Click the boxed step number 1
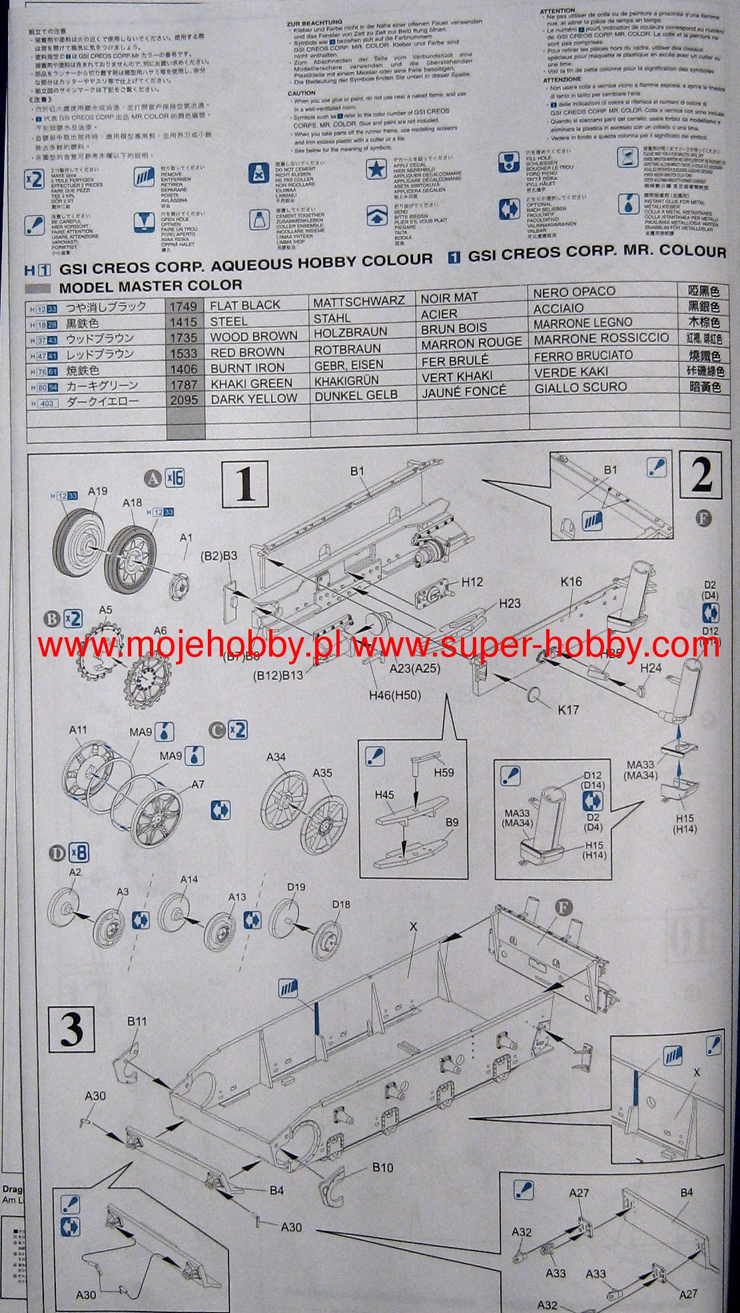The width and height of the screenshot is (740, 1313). coord(245,483)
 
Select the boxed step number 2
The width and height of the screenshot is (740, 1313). coord(701,474)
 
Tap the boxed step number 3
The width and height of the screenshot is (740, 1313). coord(71,1029)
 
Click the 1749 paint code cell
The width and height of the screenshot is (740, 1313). coord(183,306)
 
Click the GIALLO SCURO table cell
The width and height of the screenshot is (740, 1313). coord(581,388)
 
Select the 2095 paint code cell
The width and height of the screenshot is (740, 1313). coord(184,399)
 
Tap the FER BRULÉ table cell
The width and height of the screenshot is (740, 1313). coord(456,361)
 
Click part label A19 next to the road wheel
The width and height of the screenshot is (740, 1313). coord(97,491)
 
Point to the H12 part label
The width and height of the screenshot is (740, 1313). coord(472,582)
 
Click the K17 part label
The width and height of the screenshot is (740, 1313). coord(568,710)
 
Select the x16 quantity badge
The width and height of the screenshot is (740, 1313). coord(175,478)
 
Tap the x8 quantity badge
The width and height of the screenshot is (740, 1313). coord(79,852)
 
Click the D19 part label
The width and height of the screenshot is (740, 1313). coord(296,887)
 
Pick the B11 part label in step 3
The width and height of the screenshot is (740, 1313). coord(137,1021)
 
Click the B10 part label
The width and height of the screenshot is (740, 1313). coord(382,1168)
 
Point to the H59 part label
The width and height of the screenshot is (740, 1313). coord(444,772)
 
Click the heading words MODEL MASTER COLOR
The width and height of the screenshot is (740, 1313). coord(151,286)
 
